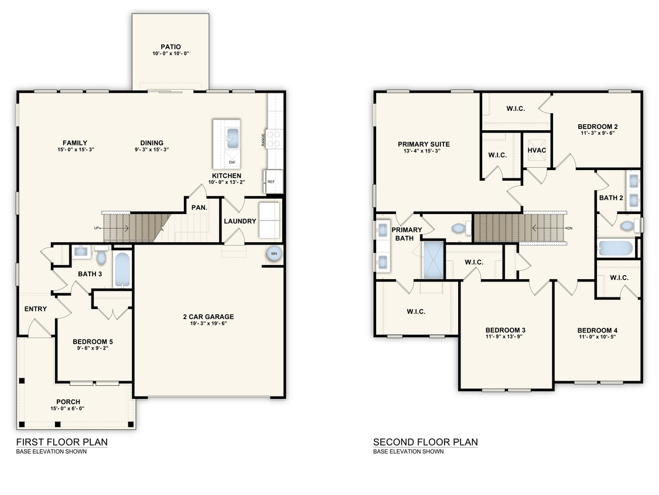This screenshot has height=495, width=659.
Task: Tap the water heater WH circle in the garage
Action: (x=274, y=253)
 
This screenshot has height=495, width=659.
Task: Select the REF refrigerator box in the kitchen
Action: (x=271, y=182)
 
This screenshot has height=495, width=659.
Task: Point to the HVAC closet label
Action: (x=537, y=150)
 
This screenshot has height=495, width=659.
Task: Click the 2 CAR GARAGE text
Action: (x=208, y=317)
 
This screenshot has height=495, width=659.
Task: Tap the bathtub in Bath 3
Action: (x=122, y=269)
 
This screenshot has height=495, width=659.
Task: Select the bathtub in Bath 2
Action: (x=616, y=248)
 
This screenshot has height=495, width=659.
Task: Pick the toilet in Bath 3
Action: (x=101, y=256)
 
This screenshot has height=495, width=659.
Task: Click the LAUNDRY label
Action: (x=240, y=221)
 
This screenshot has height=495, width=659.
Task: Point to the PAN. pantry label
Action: (x=199, y=207)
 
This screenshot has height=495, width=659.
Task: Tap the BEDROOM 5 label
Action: (x=93, y=341)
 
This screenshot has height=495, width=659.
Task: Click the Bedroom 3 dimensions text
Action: (x=505, y=337)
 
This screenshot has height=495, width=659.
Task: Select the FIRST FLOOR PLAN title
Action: (x=62, y=442)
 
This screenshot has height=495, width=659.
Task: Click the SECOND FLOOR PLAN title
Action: (x=425, y=442)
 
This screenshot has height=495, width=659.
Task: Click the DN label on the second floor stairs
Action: (x=569, y=228)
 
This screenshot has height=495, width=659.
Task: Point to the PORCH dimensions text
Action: (x=65, y=409)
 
